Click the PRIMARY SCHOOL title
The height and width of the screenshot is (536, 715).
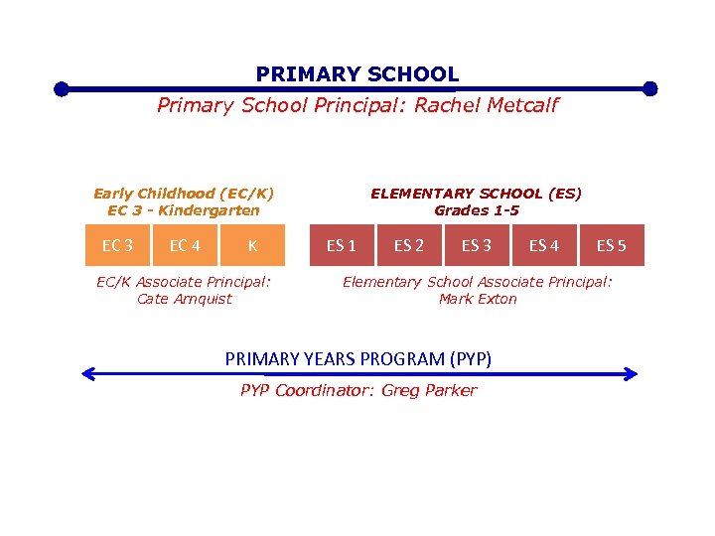point(357,74)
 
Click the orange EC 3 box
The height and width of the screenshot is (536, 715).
point(117,245)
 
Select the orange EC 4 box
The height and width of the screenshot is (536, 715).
point(185,245)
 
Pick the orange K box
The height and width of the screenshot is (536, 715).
point(252,245)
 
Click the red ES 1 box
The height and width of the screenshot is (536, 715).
point(342,245)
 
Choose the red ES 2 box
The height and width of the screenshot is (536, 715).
point(409,245)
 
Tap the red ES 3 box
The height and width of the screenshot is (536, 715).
point(477,245)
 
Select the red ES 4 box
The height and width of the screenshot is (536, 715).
point(544,245)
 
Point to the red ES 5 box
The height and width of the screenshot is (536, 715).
point(612,245)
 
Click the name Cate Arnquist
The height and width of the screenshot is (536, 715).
point(184,299)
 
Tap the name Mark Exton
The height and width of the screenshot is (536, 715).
point(478,299)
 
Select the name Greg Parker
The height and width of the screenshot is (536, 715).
point(429,390)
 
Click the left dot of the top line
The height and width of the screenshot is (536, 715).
point(62,89)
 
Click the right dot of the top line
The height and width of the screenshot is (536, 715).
point(650,88)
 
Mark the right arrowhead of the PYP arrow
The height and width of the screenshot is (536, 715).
point(632,374)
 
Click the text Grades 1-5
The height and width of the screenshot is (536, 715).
point(477,210)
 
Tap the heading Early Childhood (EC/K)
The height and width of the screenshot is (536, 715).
point(184,194)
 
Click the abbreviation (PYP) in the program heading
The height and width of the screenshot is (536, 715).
point(470,358)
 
